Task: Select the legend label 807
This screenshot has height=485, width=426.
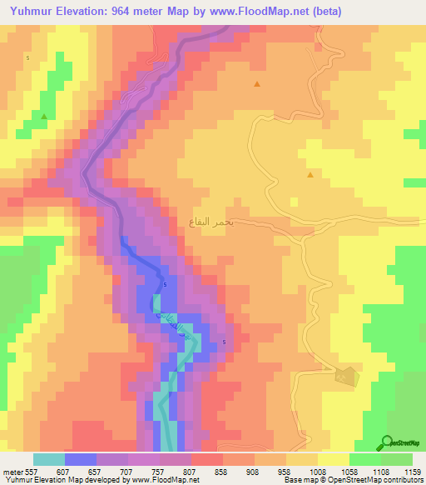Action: pyautogui.click(x=190, y=472)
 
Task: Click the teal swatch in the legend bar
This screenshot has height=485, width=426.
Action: pyautogui.click(x=49, y=459)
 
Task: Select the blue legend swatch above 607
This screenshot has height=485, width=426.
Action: pyautogui.click(x=81, y=459)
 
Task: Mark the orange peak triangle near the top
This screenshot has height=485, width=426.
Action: pyautogui.click(x=257, y=84)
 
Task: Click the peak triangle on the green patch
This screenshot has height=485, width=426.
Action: pyautogui.click(x=43, y=117)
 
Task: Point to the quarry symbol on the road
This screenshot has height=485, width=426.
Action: pyautogui.click(x=344, y=377)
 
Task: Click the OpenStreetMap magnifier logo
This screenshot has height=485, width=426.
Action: pyautogui.click(x=384, y=442)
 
